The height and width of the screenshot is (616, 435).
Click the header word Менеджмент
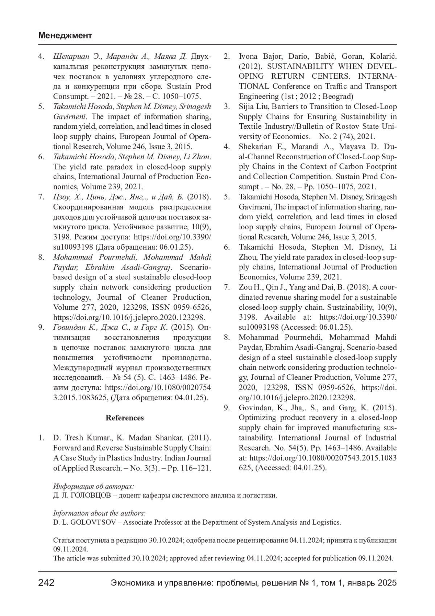(65, 36)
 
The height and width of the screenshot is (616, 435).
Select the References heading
(125, 418)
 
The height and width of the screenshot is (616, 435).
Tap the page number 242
(46, 583)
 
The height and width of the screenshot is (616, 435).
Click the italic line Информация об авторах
(94, 486)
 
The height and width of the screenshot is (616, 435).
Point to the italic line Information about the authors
(99, 513)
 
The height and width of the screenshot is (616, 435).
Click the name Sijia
(247, 107)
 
